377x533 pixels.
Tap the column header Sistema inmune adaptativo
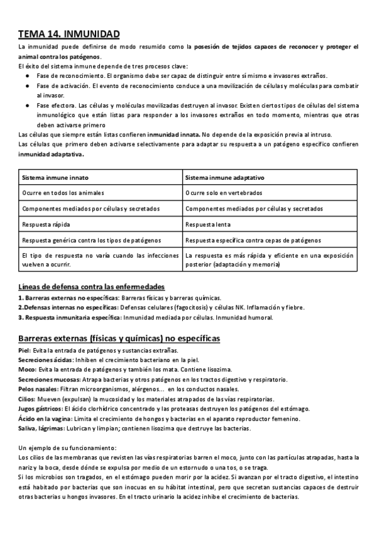[x=225, y=177]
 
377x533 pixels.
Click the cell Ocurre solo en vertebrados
[x=224, y=192]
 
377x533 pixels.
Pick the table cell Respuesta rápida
[x=44, y=224]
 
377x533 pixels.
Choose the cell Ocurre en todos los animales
[x=63, y=192]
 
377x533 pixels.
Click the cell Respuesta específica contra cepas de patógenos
[x=253, y=240]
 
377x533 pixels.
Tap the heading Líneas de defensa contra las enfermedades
[x=92, y=287]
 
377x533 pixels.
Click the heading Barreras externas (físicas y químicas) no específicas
[x=119, y=338]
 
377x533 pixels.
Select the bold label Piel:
[x=25, y=350]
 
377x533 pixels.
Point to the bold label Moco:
[x=27, y=369]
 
